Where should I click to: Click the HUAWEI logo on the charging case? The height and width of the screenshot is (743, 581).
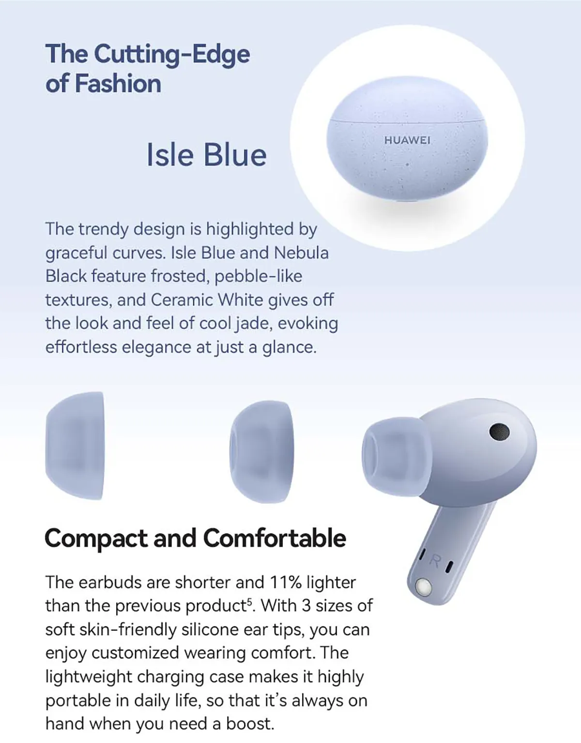pos(407,140)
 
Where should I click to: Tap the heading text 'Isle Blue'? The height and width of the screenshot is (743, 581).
pos(206,154)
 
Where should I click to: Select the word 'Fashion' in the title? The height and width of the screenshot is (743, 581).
pos(118,83)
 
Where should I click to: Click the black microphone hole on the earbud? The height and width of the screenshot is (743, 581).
pos(499,431)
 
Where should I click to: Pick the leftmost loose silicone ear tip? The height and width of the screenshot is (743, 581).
pos(75,446)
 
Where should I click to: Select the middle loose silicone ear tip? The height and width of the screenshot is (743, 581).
pos(261,452)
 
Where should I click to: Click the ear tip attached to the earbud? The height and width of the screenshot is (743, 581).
pos(397,457)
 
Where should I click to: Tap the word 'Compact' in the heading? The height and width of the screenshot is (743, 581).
pos(96,538)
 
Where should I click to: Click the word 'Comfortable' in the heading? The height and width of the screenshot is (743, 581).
pos(275,538)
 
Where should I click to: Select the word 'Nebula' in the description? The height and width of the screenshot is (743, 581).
pos(301,253)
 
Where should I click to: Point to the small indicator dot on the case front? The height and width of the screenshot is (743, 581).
pos(407,164)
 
